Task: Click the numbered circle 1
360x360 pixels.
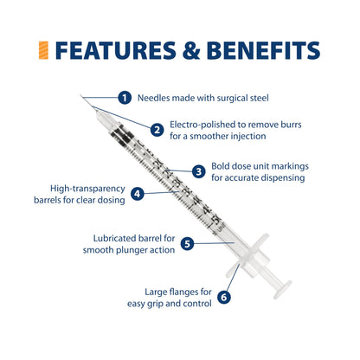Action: (125, 98)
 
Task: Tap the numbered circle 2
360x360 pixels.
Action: (157, 130)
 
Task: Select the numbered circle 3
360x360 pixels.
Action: (199, 171)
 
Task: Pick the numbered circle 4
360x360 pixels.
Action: (138, 194)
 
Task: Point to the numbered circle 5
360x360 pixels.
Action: (188, 244)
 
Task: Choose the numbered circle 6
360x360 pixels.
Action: (224, 297)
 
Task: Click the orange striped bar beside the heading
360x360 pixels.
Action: (43, 50)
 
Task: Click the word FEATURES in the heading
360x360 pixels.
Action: (115, 50)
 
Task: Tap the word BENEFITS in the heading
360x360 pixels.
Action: (263, 50)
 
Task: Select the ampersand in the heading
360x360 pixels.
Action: (191, 50)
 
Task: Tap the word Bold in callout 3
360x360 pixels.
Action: (221, 166)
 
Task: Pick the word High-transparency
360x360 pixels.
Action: (87, 189)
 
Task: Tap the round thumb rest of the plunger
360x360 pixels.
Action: (282, 289)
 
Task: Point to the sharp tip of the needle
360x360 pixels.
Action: (80, 95)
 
